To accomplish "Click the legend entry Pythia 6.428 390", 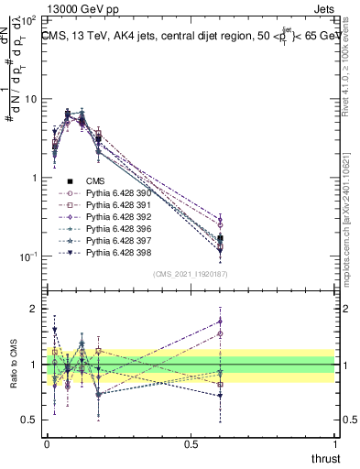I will coord(116,193).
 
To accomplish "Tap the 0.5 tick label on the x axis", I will coord(191,443).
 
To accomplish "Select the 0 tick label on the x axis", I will coord(47,443).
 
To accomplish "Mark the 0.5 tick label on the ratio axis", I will coord(30,420).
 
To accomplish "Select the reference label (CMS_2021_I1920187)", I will coord(191,274).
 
